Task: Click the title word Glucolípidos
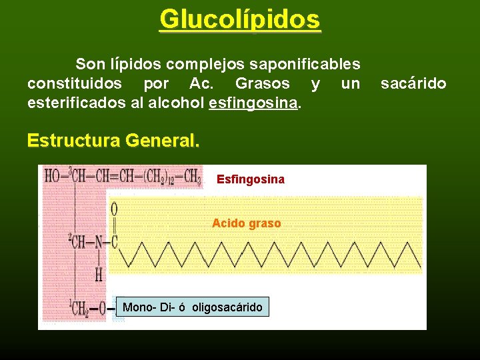[240, 19]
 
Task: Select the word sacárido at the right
[413, 84]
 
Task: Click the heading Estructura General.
[113, 141]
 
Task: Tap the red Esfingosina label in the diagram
[251, 179]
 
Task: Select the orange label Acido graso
[246, 223]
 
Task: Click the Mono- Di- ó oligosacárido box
[193, 307]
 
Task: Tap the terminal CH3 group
[191, 177]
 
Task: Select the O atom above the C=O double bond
[114, 209]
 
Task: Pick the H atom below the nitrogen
[98, 273]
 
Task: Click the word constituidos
[75, 84]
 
